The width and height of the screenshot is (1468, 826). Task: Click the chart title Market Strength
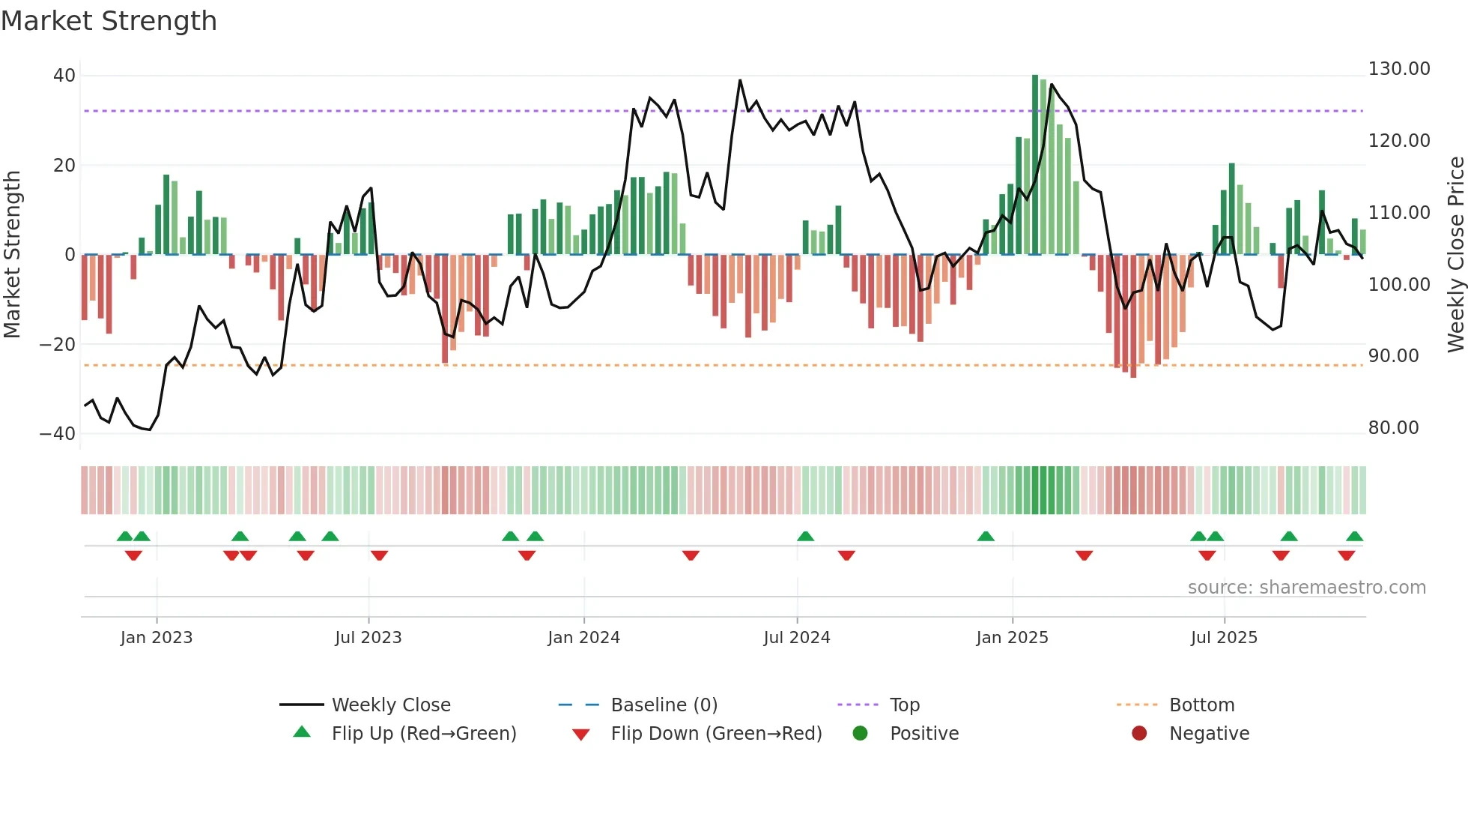point(109,21)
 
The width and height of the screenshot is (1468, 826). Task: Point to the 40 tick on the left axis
point(64,76)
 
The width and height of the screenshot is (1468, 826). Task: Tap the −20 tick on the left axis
point(58,345)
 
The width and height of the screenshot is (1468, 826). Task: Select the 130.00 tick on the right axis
point(1398,69)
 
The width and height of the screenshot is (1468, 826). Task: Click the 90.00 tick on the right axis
point(1393,356)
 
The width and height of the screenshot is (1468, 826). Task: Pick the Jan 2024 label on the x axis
point(583,638)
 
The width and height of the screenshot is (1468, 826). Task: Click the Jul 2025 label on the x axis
point(1224,638)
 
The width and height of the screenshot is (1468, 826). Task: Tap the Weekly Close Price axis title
point(1455,255)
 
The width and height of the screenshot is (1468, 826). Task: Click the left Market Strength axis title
point(13,255)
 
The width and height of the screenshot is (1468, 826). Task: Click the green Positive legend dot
point(860,734)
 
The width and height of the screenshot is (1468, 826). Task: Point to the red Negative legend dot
point(1139,734)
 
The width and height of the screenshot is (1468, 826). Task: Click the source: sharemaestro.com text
point(1306,588)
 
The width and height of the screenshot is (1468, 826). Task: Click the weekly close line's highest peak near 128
point(740,81)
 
